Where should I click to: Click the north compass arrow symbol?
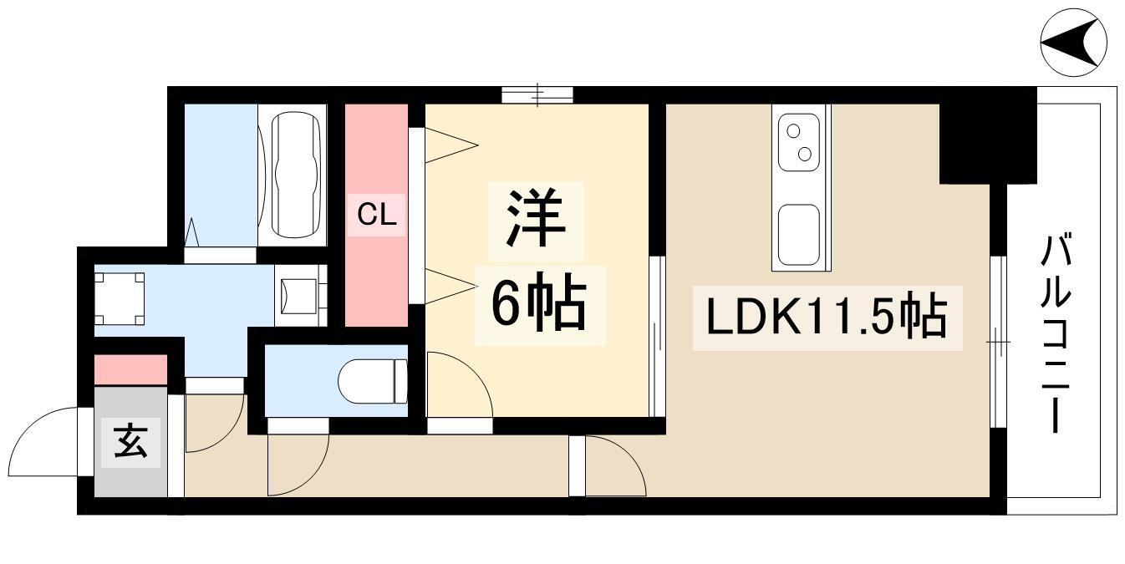pyautogui.click(x=1073, y=42)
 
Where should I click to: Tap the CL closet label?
pyautogui.click(x=377, y=216)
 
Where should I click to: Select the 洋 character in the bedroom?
pyautogui.click(x=536, y=217)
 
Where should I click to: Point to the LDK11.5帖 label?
pyautogui.click(x=827, y=317)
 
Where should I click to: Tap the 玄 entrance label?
pyautogui.click(x=130, y=441)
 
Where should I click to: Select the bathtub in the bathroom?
pyautogui.click(x=297, y=175)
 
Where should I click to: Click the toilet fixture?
pyautogui.click(x=373, y=381)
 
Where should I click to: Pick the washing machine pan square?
pyautogui.click(x=120, y=299)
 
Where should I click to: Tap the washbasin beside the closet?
pyautogui.click(x=300, y=296)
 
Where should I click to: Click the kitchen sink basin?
pyautogui.click(x=799, y=235)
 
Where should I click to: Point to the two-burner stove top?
pyautogui.click(x=799, y=142)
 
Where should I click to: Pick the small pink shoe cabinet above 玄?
pyautogui.click(x=130, y=370)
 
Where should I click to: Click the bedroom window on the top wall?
pyautogui.click(x=537, y=95)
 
